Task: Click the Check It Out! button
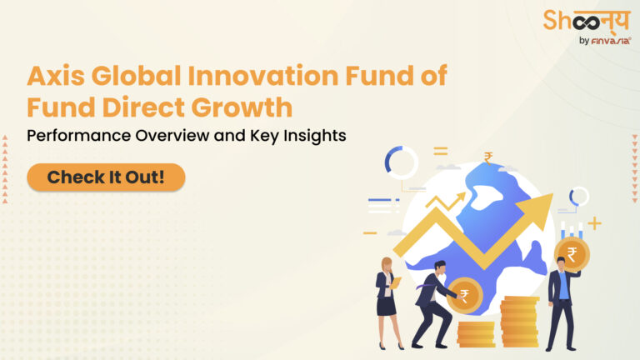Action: [106, 177]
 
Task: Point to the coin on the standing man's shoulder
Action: [572, 254]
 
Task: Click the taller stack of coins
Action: [518, 321]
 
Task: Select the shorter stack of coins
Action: [476, 333]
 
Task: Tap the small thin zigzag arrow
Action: [445, 200]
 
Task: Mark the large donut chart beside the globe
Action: [401, 162]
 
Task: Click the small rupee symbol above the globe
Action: [488, 157]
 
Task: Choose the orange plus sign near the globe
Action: [593, 223]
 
